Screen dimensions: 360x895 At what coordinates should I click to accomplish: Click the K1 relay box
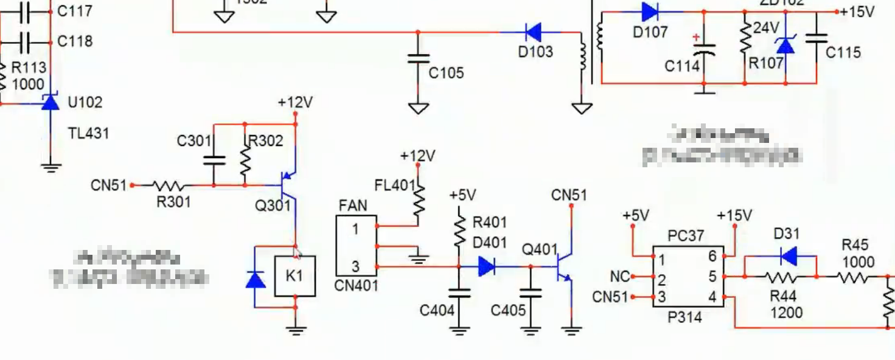(295, 276)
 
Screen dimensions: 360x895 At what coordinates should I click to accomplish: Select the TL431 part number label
(88, 133)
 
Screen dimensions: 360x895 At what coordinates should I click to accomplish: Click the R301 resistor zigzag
(171, 185)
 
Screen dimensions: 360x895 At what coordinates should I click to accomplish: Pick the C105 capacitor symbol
(418, 59)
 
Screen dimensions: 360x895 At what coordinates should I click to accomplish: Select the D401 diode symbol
(487, 266)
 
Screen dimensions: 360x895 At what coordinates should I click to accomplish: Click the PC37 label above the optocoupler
(686, 235)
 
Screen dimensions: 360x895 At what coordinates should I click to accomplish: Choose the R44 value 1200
(786, 313)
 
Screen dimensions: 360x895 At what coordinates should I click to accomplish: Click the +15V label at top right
(857, 12)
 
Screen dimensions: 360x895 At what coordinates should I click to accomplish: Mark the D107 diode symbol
(650, 12)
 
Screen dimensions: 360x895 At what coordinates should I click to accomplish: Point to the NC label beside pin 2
(619, 277)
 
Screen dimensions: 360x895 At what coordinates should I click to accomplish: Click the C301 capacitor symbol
(214, 160)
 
